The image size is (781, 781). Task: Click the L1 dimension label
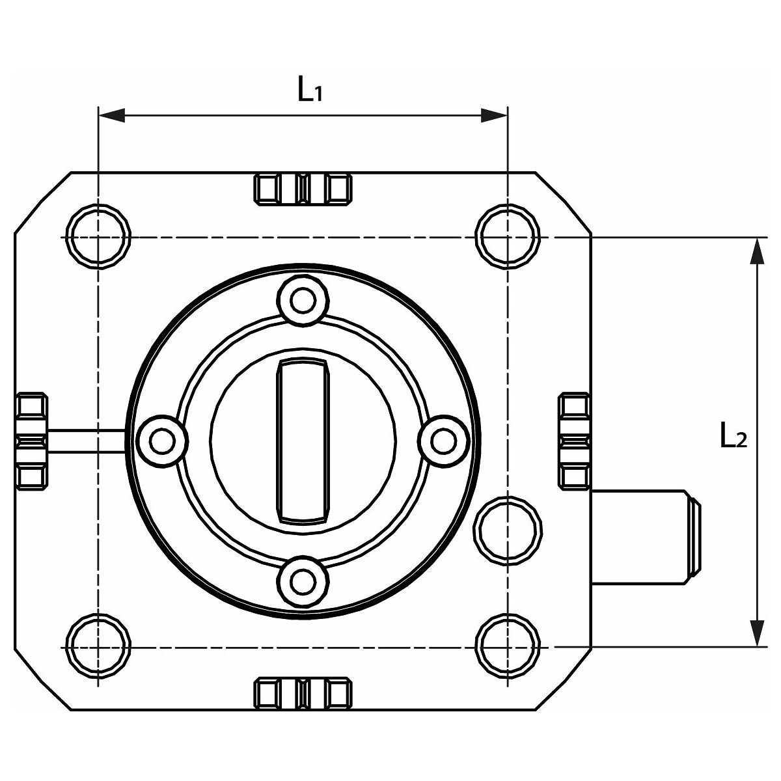(x=310, y=89)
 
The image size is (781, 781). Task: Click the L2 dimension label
(x=733, y=435)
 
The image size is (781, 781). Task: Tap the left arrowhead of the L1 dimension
(x=112, y=115)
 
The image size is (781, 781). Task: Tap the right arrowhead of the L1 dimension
(x=494, y=115)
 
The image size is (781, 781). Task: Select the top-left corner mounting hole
(x=98, y=237)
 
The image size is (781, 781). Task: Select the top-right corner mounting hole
(x=508, y=237)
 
